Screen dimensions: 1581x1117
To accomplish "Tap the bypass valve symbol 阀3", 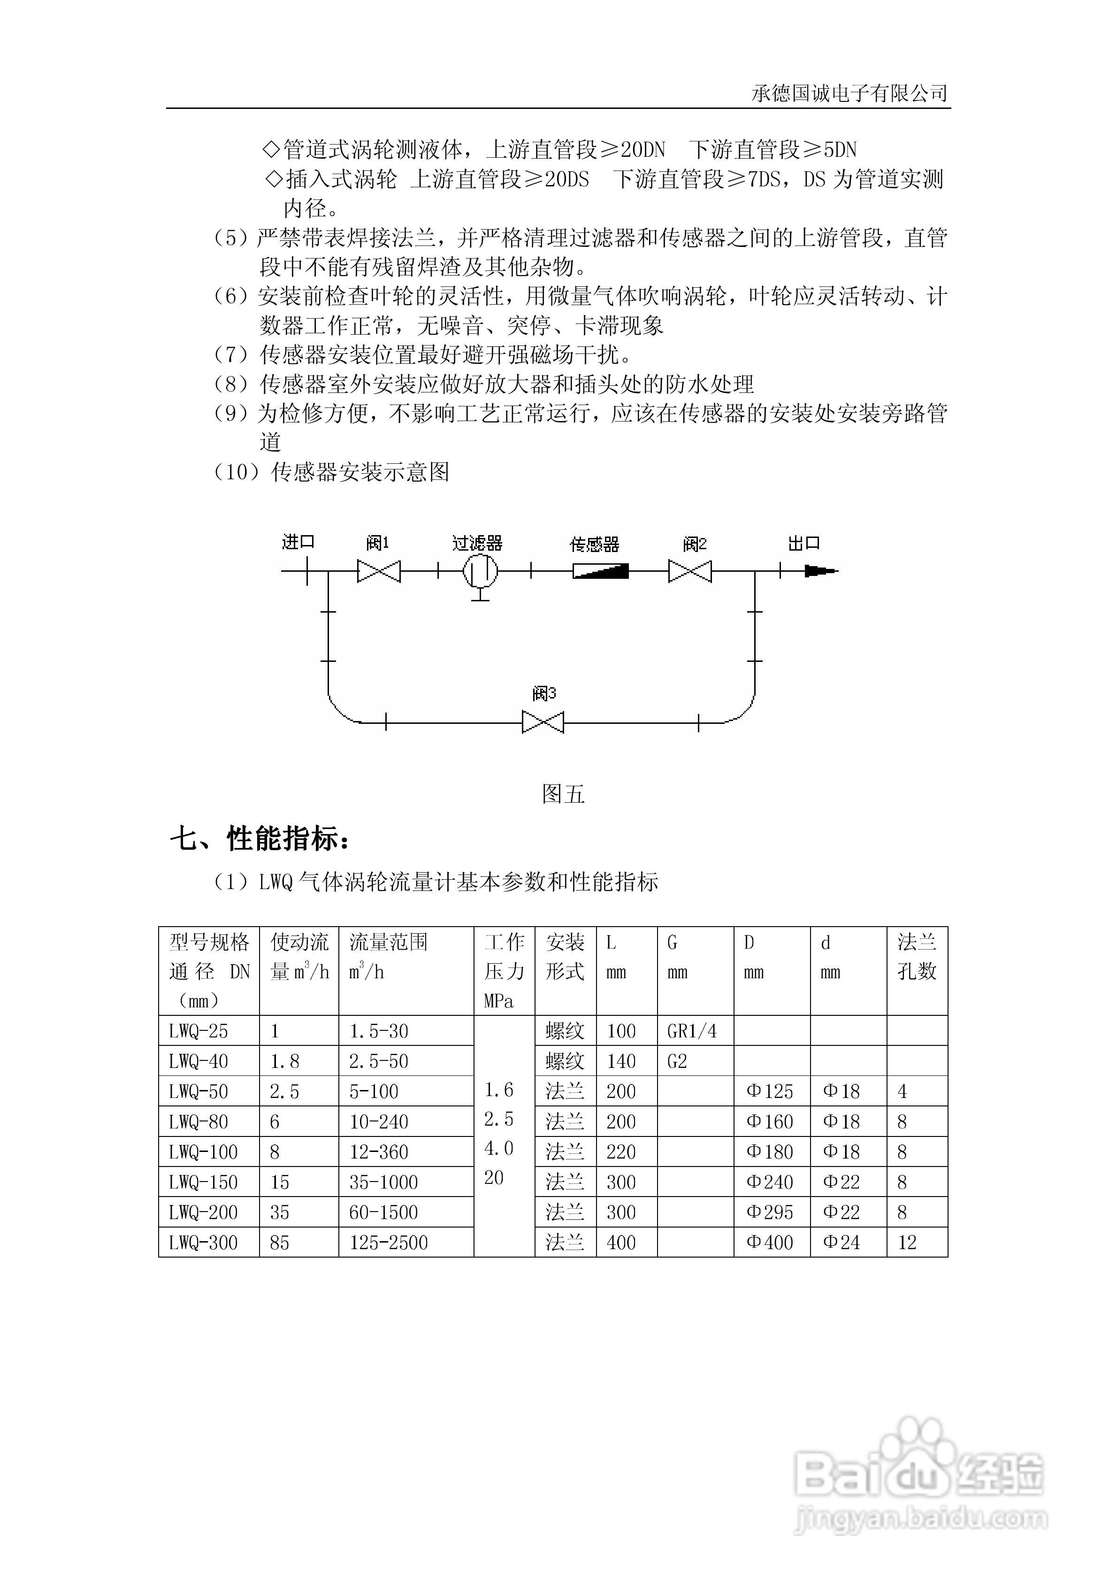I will click(x=543, y=722).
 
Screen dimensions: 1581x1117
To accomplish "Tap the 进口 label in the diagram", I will click(x=298, y=542).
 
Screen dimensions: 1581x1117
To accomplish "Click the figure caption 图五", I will click(x=563, y=794).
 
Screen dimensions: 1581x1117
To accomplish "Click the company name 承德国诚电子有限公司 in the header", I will click(x=849, y=93).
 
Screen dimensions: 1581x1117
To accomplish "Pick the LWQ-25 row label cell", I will click(x=199, y=1031).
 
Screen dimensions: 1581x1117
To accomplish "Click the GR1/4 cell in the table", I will click(x=692, y=1031).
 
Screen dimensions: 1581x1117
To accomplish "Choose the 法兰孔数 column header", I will click(x=917, y=957).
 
